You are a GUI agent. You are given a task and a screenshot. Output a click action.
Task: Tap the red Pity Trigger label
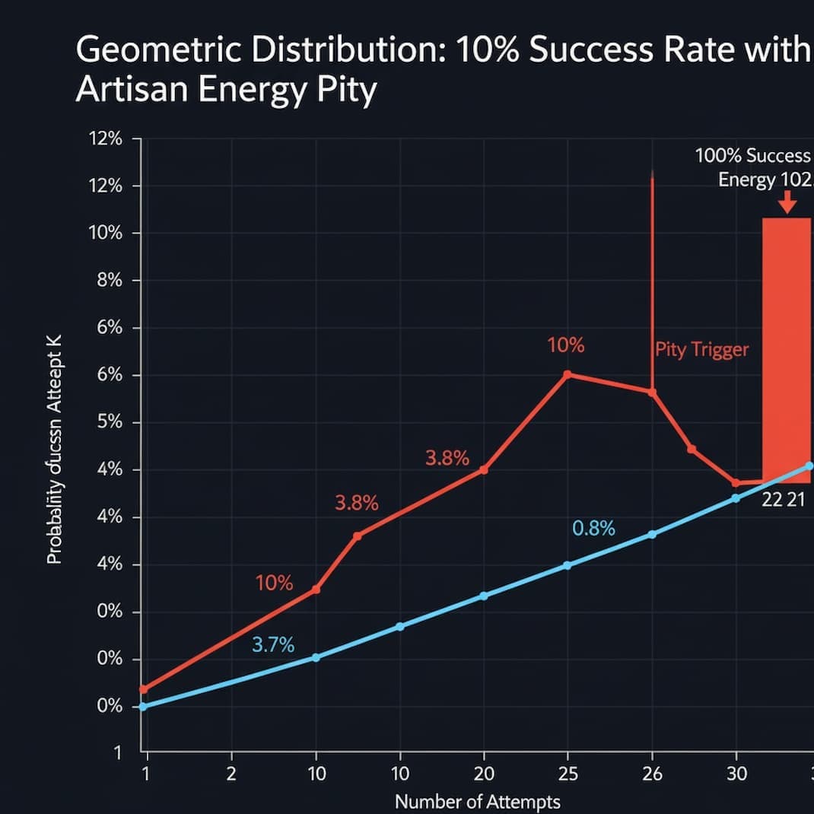pos(701,350)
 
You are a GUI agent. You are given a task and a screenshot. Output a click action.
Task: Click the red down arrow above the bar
pos(787,203)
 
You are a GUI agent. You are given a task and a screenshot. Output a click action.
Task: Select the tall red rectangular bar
pos(787,350)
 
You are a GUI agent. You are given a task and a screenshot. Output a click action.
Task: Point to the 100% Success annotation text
pos(752,156)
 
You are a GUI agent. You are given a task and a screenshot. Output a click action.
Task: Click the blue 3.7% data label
pos(272,645)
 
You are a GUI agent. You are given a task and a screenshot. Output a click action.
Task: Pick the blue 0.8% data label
pos(593,528)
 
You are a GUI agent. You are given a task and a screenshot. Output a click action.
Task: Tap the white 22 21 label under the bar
pos(784,501)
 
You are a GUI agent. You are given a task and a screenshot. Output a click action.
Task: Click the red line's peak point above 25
pos(567,374)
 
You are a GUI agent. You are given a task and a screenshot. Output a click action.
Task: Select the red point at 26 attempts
pos(652,392)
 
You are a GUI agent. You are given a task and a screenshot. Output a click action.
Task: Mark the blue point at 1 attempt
pos(142,707)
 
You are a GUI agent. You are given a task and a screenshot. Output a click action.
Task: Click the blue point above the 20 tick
pos(484,596)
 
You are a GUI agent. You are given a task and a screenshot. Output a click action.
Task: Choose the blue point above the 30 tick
pos(735,498)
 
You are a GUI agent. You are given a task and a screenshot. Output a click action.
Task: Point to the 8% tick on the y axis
pos(106,281)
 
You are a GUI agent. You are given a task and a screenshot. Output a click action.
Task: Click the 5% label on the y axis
pos(106,422)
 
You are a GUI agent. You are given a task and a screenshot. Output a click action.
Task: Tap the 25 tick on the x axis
pos(568,774)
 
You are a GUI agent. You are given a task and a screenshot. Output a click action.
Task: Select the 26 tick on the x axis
pos(652,774)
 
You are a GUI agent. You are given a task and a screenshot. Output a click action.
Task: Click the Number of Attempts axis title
pos(477,801)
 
